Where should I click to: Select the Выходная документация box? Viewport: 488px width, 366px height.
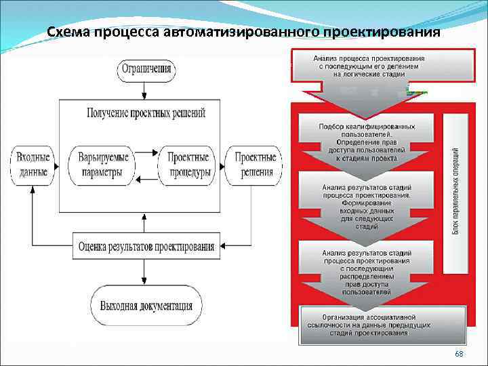(x=146, y=305)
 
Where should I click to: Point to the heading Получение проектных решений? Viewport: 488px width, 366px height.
(x=146, y=113)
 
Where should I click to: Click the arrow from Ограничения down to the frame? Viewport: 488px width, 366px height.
(x=144, y=89)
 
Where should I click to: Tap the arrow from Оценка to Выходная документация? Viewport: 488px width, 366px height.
(x=144, y=272)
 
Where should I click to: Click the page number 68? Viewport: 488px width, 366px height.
(x=460, y=354)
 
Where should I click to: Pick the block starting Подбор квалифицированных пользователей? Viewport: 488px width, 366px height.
(x=367, y=142)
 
